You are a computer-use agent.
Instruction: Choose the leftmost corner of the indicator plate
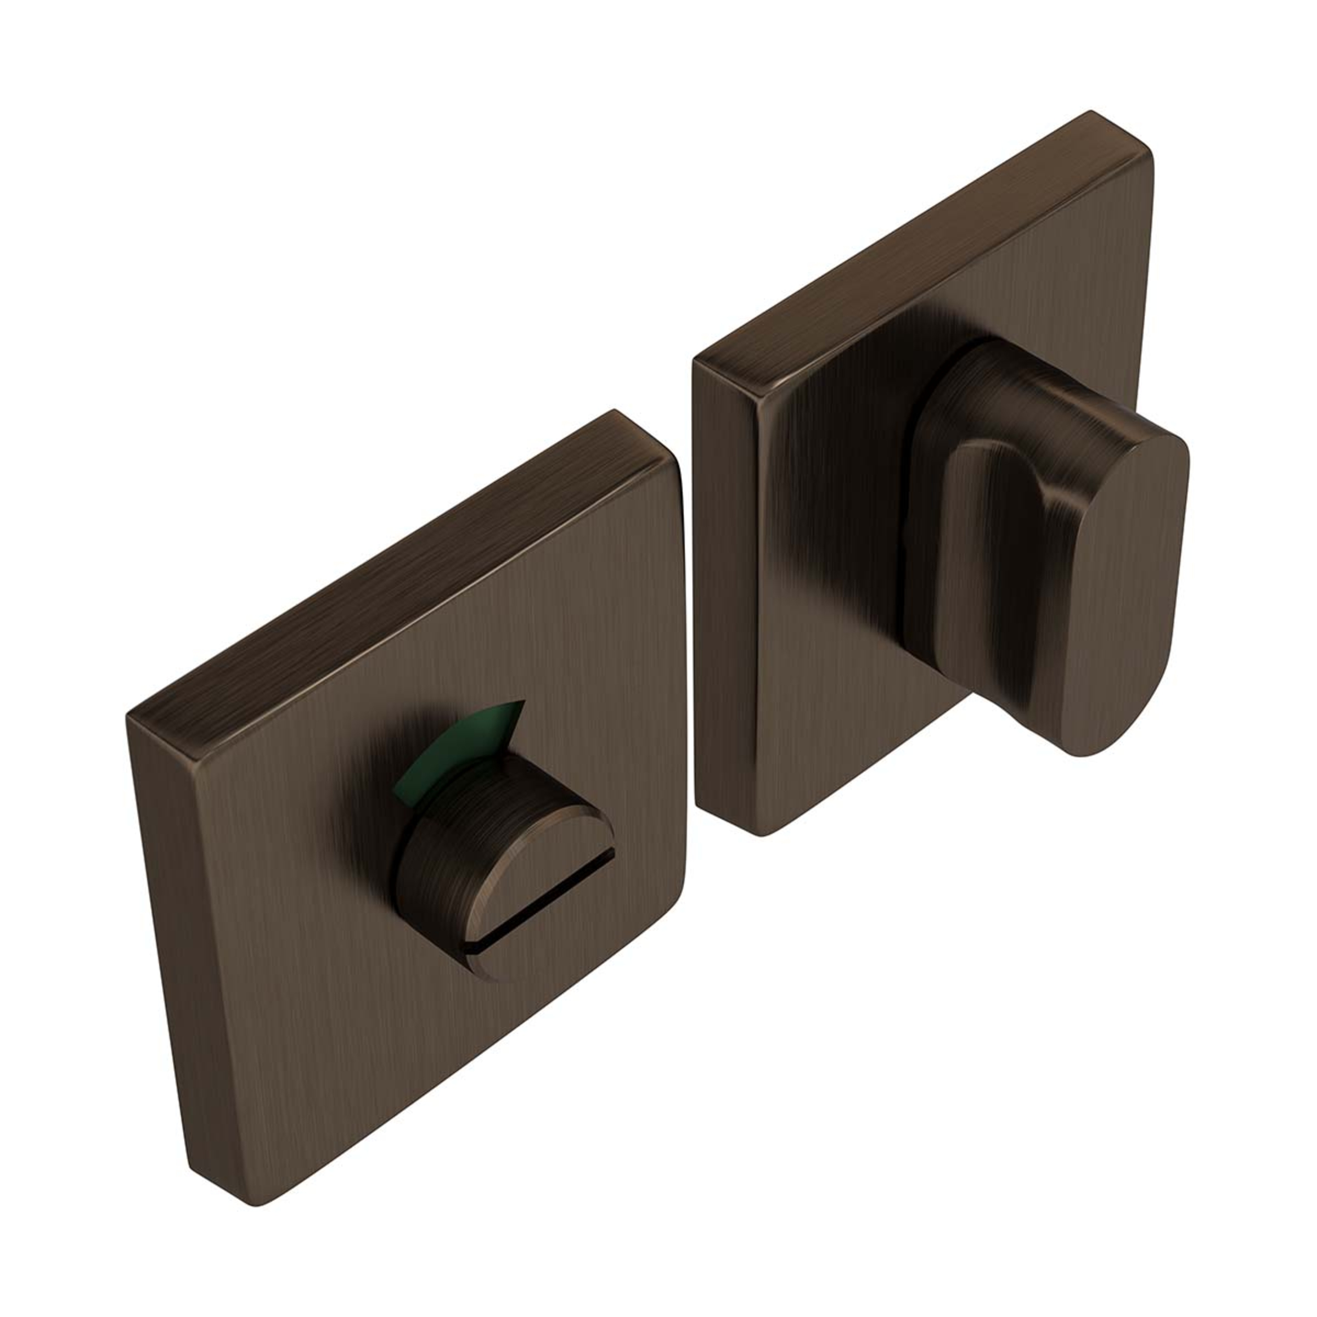130,716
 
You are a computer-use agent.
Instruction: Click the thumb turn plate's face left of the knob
838,579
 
